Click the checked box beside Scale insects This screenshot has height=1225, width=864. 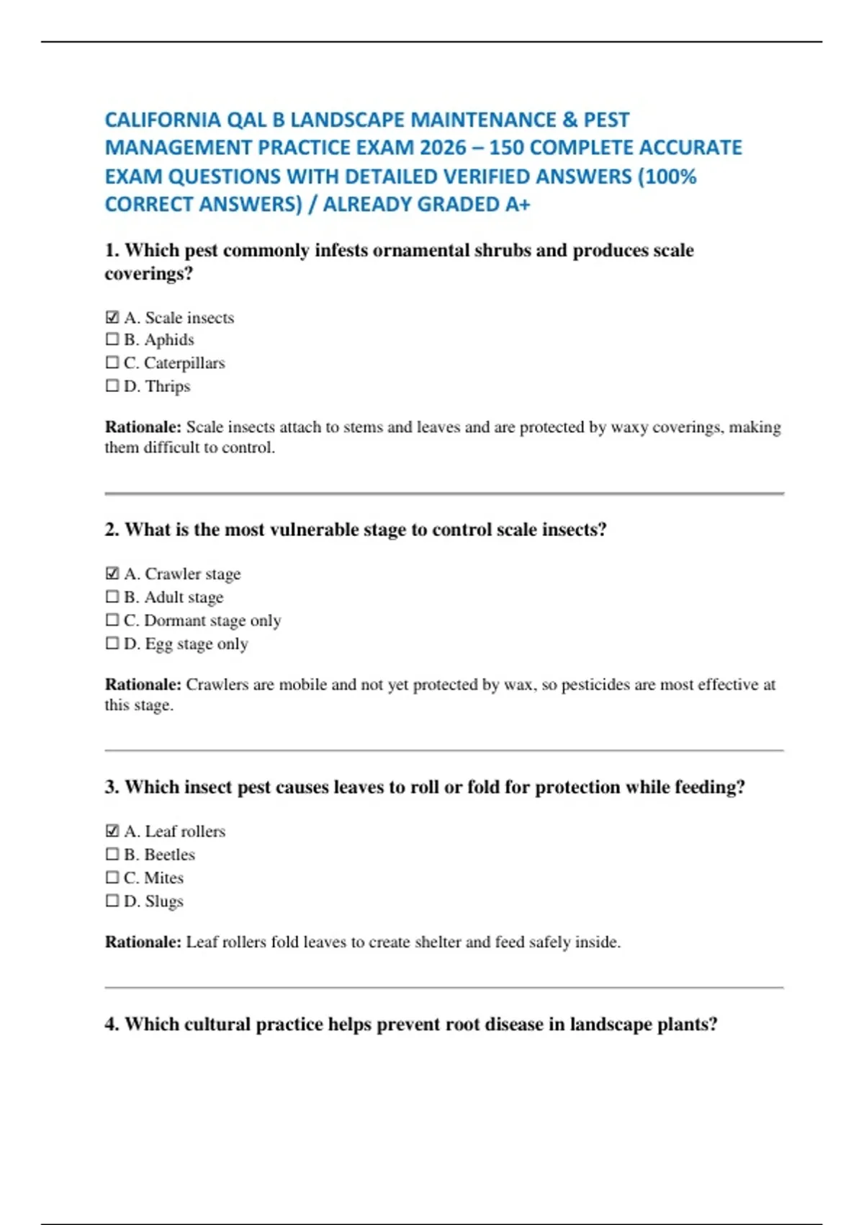(112, 317)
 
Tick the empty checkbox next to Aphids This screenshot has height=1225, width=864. (112, 339)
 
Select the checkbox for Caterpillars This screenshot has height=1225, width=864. (112, 362)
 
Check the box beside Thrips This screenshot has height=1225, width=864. (112, 386)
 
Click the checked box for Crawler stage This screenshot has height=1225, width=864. (112, 574)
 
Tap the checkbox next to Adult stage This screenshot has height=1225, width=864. (112, 597)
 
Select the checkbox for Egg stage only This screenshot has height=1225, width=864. (112, 643)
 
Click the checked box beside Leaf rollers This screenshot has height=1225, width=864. (112, 831)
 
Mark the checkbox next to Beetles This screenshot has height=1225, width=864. (112, 854)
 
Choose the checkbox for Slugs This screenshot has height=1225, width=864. (112, 900)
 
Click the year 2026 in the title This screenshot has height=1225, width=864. (443, 148)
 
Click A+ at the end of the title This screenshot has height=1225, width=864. (517, 205)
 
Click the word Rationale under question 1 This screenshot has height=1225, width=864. (143, 427)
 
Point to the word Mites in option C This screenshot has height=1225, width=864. (164, 878)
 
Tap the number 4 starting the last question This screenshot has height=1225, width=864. (111, 1025)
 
